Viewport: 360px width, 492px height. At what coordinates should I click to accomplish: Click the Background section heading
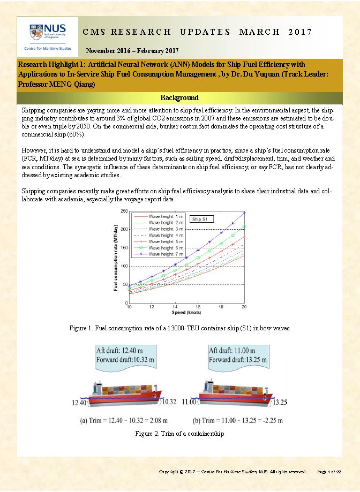180,98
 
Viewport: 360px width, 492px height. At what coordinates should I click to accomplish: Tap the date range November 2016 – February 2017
136,51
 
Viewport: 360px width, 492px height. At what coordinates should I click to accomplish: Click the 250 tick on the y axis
124,211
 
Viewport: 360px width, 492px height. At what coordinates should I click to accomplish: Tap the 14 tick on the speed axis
175,306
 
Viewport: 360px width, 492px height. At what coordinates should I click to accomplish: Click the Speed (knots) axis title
186,312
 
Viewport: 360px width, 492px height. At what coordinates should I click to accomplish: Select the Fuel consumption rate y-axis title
116,257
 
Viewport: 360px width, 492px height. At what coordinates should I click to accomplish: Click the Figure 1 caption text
179,328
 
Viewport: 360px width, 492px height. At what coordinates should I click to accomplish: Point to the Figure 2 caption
179,434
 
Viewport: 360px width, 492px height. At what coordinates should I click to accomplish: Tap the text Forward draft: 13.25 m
236,359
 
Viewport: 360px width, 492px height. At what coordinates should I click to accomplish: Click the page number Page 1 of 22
329,472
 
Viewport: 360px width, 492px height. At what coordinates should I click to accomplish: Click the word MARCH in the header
260,32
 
